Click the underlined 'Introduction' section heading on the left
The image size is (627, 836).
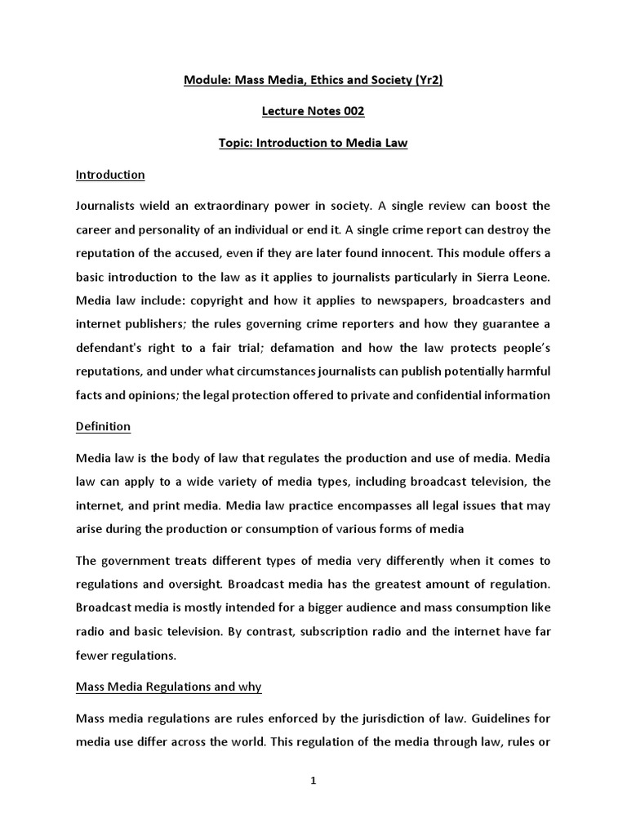pyautogui.click(x=110, y=175)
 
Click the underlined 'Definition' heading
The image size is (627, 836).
pyautogui.click(x=103, y=427)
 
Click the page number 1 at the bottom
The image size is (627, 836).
pyautogui.click(x=313, y=780)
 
